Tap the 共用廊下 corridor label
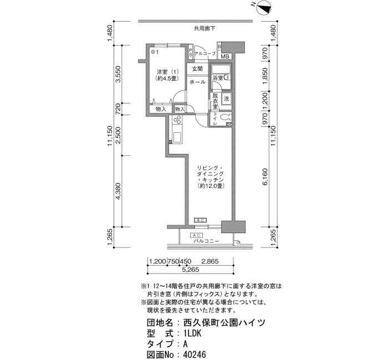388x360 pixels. (x=205, y=29)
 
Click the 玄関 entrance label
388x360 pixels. (x=197, y=69)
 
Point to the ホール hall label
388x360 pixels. (x=197, y=82)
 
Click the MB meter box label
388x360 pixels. (x=225, y=56)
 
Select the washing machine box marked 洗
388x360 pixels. (x=226, y=99)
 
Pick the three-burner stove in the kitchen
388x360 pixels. (x=177, y=120)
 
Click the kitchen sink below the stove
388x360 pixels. (x=177, y=137)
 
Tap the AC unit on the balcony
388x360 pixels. (x=196, y=235)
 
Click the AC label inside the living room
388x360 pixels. (x=200, y=220)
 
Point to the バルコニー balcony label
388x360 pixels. (x=206, y=241)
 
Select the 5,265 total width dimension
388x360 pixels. (x=191, y=270)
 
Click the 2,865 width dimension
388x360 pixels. (x=210, y=261)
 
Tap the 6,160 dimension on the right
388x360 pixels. (x=266, y=177)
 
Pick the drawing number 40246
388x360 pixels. (x=195, y=355)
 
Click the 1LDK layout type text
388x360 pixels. (x=192, y=333)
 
